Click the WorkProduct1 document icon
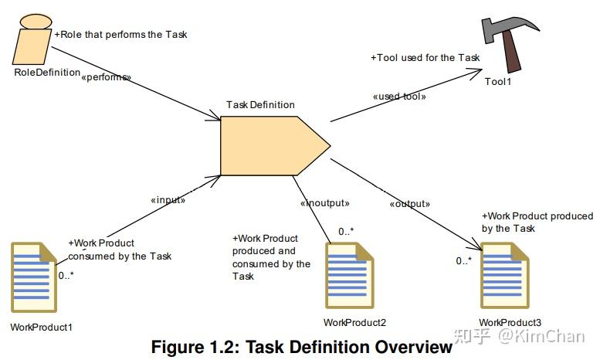[x=34, y=277]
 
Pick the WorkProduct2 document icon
[x=349, y=275]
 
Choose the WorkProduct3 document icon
[x=505, y=275]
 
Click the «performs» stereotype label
[x=106, y=77]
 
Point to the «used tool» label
[x=399, y=97]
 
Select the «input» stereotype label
[x=168, y=200]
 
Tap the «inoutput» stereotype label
[x=325, y=203]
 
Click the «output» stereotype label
[x=410, y=204]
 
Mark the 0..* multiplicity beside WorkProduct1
[x=66, y=275]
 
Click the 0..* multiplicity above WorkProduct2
[x=346, y=231]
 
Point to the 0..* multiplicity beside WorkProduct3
[x=464, y=261]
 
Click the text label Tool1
[x=498, y=82]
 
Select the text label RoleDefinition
[x=47, y=73]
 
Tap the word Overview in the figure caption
[x=414, y=347]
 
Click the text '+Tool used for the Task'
[x=425, y=58]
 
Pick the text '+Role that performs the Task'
[x=120, y=35]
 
